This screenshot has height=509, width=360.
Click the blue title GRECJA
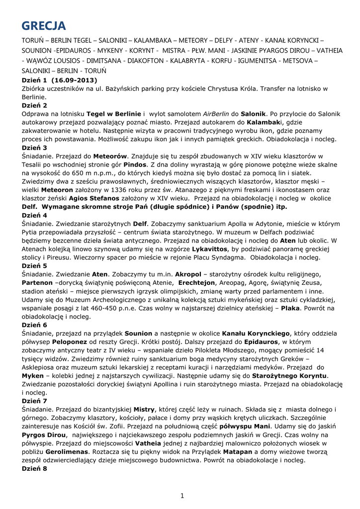pyautogui.click(x=44, y=25)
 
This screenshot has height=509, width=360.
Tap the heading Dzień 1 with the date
pyautogui.click(x=59, y=80)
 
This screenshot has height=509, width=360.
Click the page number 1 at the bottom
pyautogui.click(x=182, y=495)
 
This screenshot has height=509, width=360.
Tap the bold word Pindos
pyautogui.click(x=135, y=164)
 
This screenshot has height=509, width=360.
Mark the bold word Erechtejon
pyautogui.click(x=199, y=282)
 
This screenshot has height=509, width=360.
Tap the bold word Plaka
pyautogui.click(x=291, y=308)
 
